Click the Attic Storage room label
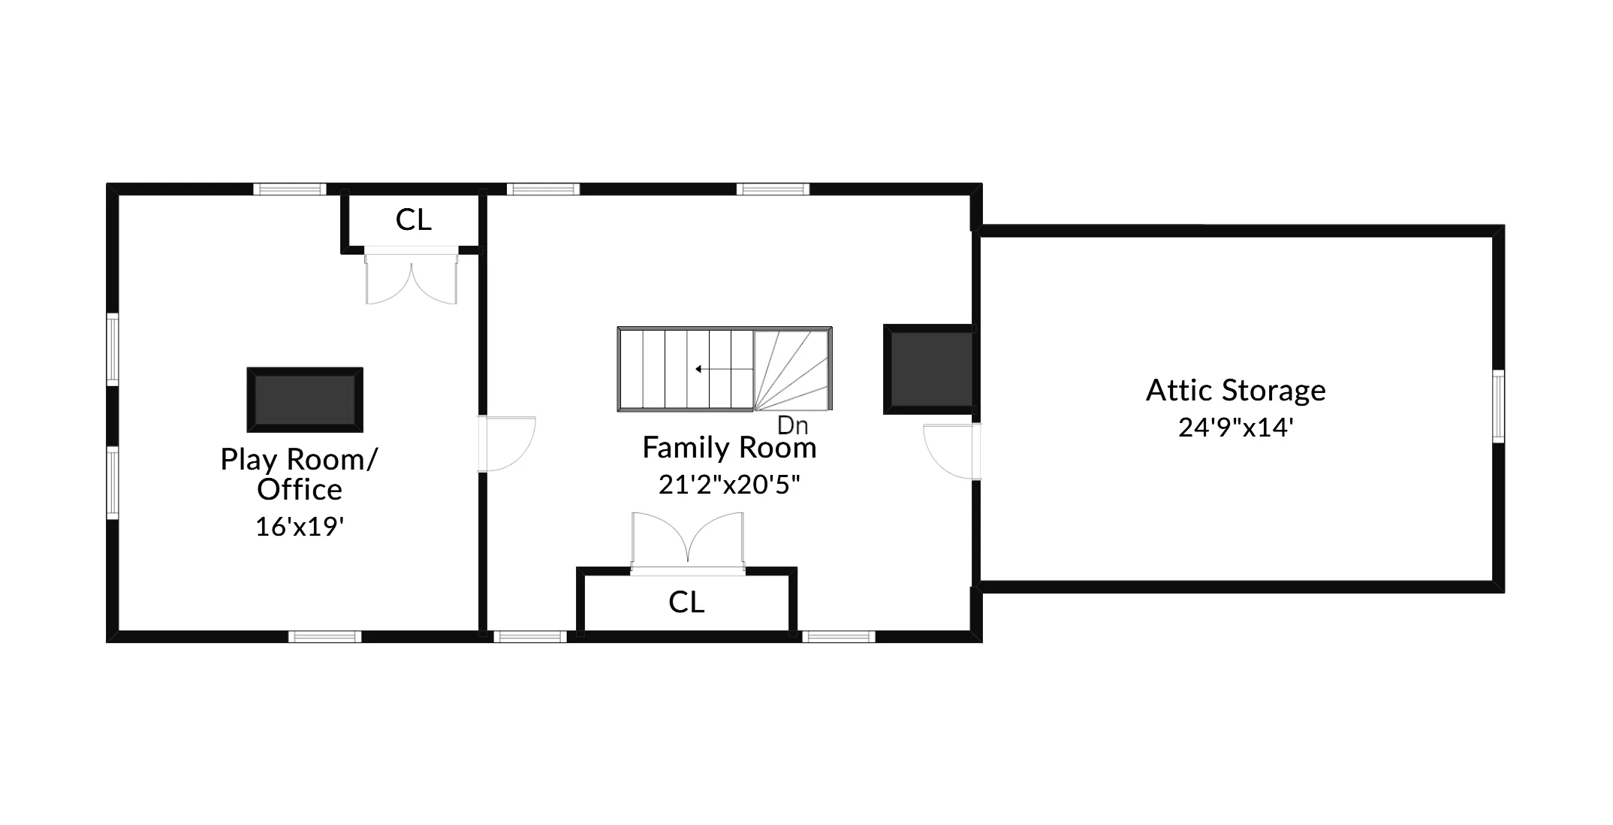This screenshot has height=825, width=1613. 1235,391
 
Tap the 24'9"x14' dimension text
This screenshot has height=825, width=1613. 1235,428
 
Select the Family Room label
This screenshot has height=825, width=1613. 729,448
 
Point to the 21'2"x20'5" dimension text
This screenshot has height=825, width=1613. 729,485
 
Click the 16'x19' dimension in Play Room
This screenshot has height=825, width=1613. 300,527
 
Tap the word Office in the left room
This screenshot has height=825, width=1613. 300,490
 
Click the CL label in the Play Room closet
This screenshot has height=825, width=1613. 413,220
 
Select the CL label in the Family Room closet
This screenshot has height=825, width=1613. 686,603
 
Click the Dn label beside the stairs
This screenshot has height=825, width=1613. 792,425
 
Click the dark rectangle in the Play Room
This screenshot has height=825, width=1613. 305,400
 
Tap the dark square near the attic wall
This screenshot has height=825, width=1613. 930,370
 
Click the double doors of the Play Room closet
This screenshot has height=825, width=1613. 411,278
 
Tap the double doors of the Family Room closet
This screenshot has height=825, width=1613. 688,539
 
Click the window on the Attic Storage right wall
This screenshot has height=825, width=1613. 1497,406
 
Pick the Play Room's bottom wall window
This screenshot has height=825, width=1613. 325,636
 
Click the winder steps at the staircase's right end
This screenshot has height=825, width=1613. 792,370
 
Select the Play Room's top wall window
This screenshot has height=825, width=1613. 289,189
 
